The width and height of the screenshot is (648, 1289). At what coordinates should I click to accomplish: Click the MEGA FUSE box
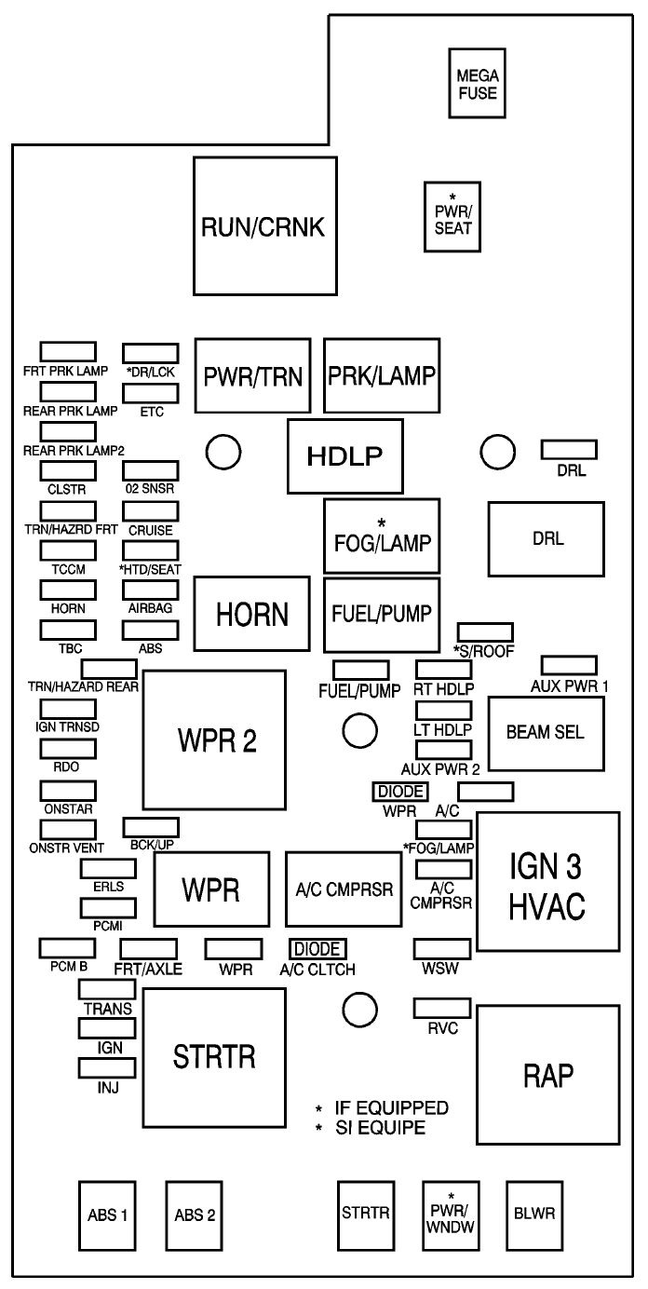tap(477, 84)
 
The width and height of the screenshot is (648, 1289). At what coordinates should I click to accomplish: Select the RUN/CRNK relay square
tap(265, 226)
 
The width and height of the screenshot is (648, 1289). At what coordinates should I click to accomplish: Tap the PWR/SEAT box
tap(452, 217)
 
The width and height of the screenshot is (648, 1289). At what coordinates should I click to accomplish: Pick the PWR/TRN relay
tap(252, 375)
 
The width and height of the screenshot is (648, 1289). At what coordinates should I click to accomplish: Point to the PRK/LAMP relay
tap(382, 375)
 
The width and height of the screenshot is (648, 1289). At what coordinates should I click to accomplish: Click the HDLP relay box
tap(345, 456)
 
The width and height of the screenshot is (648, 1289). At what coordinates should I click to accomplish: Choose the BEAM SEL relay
tap(547, 734)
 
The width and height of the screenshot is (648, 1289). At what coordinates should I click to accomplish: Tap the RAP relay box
tap(548, 1075)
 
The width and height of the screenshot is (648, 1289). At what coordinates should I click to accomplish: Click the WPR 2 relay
tap(215, 740)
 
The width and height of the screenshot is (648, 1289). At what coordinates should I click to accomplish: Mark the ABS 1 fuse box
tap(107, 1216)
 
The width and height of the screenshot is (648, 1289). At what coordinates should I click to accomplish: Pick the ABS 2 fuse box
tap(194, 1216)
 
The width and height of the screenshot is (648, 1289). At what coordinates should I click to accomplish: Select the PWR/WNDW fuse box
tap(451, 1216)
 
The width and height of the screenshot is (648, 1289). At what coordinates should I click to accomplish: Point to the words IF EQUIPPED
tap(391, 1107)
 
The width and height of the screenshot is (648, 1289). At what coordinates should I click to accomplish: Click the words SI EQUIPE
tap(381, 1127)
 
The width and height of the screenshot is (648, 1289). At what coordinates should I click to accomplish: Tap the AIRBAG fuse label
tap(150, 607)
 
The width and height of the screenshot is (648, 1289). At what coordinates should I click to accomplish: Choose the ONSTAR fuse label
tap(68, 809)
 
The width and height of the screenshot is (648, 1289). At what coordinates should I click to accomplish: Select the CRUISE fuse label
tap(150, 530)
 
